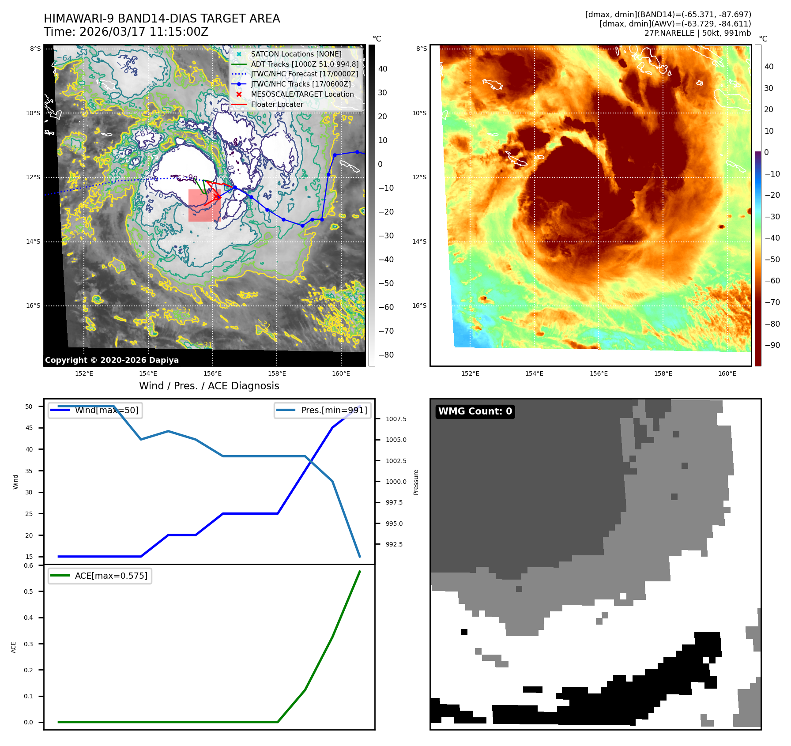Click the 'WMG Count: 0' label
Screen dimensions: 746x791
475,411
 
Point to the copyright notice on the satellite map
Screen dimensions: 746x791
112,360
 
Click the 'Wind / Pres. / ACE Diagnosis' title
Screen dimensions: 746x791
209,386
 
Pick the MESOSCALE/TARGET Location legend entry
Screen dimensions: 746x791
302,94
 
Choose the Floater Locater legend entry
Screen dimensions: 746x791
277,104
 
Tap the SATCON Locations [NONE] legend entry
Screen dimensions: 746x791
296,54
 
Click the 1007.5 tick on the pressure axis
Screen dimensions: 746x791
396,419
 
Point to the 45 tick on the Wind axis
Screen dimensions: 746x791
29,428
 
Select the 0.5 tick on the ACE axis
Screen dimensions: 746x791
28,592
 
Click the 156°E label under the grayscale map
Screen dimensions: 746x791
212,373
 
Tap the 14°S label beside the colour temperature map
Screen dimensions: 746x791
419,241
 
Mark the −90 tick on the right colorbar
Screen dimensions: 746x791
772,345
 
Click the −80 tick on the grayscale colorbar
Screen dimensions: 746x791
386,355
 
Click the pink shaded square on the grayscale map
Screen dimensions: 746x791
204,205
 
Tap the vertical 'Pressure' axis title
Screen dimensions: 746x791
416,482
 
